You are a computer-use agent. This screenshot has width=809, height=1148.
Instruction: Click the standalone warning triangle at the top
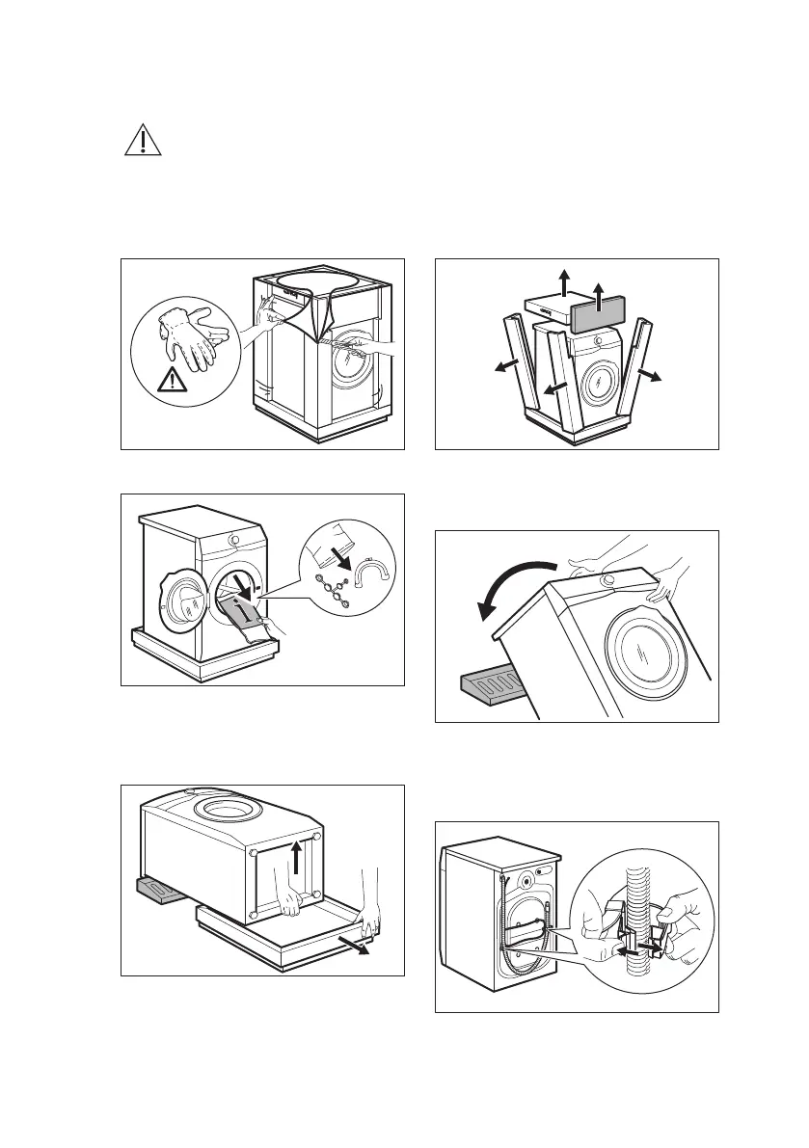143,142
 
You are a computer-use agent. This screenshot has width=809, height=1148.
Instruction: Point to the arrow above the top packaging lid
562,283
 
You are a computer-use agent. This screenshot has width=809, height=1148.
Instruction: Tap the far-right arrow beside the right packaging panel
652,375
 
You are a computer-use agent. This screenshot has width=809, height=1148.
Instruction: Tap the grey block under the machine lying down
159,892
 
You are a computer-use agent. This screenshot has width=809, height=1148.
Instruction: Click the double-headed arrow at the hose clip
638,948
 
